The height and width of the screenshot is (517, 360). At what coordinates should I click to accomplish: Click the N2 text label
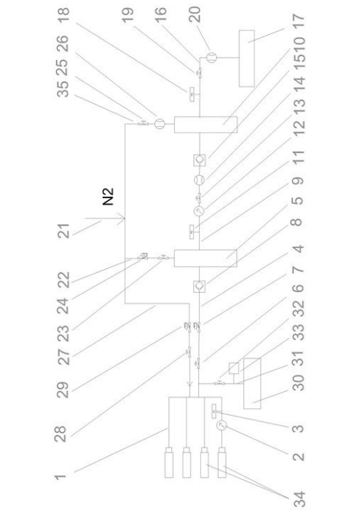pyautogui.click(x=108, y=197)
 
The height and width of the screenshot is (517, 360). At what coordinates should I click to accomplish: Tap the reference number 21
pyautogui.click(x=63, y=231)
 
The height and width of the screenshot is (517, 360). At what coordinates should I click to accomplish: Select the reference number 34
pyautogui.click(x=300, y=500)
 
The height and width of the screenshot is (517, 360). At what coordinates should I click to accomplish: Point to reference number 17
pyautogui.click(x=299, y=22)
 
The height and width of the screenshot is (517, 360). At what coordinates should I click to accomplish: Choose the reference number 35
pyautogui.click(x=63, y=89)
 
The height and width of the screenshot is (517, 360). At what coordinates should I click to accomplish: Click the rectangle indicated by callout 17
pyautogui.click(x=247, y=58)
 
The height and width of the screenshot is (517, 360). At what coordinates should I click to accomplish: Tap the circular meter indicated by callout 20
pyautogui.click(x=211, y=58)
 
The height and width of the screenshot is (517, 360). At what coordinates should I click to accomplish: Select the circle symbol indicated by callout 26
pyautogui.click(x=160, y=124)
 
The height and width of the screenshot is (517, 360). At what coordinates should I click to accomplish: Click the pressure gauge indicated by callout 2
pyautogui.click(x=222, y=425)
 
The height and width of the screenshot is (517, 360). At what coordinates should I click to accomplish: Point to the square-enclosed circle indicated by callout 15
pyautogui.click(x=199, y=160)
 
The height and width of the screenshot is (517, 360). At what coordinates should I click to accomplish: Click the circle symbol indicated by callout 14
pyautogui.click(x=199, y=180)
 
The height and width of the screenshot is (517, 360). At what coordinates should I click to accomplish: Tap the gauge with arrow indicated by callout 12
pyautogui.click(x=199, y=211)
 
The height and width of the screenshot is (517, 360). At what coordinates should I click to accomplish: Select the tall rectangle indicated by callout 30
pyautogui.click(x=252, y=384)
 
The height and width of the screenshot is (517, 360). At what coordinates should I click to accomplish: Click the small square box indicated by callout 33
pyautogui.click(x=234, y=368)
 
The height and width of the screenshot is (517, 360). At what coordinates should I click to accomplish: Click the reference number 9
pyautogui.click(x=298, y=181)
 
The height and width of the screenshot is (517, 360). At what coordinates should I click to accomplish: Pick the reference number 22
pyautogui.click(x=63, y=280)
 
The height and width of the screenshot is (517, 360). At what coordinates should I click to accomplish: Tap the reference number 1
pyautogui.click(x=60, y=476)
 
